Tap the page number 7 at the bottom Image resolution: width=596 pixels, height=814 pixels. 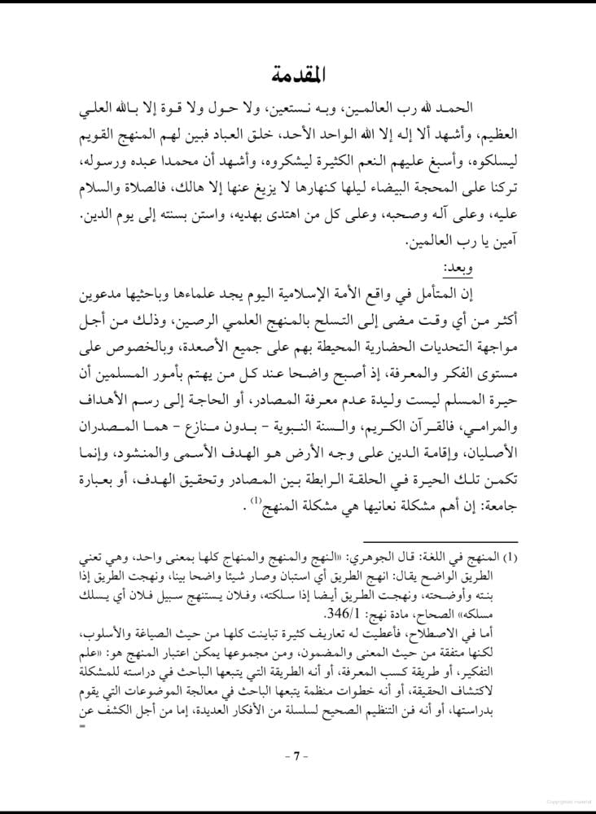297,755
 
